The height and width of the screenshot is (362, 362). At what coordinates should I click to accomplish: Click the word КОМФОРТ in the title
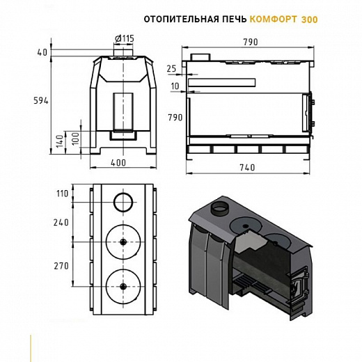pyautogui.click(x=273, y=19)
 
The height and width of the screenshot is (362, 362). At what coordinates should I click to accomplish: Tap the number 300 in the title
pyautogui.click(x=310, y=19)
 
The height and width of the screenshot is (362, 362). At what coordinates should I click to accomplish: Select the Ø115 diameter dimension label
pyautogui.click(x=125, y=38)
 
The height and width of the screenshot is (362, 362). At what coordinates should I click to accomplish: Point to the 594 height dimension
pyautogui.click(x=41, y=101)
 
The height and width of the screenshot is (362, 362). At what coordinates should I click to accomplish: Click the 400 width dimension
pyautogui.click(x=118, y=163)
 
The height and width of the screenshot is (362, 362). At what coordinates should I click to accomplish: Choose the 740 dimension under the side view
pyautogui.click(x=247, y=167)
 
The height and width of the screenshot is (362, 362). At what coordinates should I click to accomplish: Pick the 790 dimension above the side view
pyautogui.click(x=251, y=42)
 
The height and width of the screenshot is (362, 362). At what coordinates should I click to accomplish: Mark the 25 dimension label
pyautogui.click(x=171, y=69)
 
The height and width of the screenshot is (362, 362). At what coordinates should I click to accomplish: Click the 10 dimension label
pyautogui.click(x=175, y=86)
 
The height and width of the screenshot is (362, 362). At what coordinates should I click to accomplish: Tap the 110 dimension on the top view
pyautogui.click(x=63, y=194)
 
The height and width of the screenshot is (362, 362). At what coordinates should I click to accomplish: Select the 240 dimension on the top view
pyautogui.click(x=61, y=223)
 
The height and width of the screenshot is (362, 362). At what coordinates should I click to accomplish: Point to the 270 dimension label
pyautogui.click(x=61, y=266)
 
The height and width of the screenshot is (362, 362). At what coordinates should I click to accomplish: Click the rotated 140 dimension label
pyautogui.click(x=60, y=141)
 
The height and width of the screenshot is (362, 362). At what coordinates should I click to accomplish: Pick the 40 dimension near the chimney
pyautogui.click(x=42, y=53)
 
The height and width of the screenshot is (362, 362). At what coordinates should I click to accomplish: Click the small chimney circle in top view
pyautogui.click(x=123, y=202)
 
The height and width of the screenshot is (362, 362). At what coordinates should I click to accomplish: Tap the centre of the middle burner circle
pyautogui.click(x=123, y=242)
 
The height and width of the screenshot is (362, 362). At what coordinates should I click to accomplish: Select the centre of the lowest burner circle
pyautogui.click(x=123, y=287)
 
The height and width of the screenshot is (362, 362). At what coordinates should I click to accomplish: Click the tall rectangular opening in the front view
pyautogui.click(x=123, y=112)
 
